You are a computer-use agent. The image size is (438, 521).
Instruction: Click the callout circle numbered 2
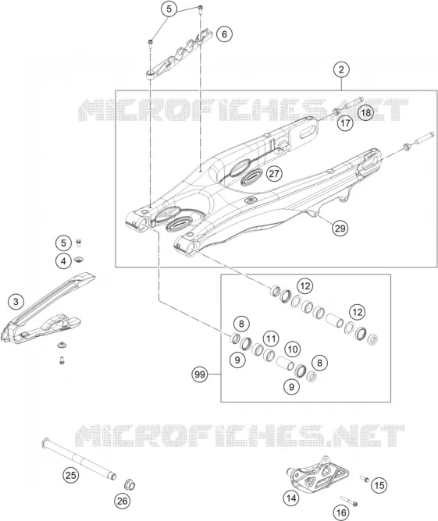[341, 69]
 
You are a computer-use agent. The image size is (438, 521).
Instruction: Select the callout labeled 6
[225, 34]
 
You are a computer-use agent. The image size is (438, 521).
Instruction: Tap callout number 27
[274, 174]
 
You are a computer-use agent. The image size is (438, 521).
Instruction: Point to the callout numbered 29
[340, 229]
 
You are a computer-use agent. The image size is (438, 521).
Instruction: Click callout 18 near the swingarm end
[365, 112]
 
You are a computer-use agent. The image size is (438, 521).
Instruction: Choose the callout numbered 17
[346, 123]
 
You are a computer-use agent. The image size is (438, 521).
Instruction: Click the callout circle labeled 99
[200, 375]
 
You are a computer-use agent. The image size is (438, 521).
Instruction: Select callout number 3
[16, 302]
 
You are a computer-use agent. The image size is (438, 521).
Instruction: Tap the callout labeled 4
[63, 261]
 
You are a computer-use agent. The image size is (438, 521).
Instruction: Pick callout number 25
[71, 475]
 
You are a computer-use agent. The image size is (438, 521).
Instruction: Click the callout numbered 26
[123, 501]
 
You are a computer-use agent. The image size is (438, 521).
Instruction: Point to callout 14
[291, 498]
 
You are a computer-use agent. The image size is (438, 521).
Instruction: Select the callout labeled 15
[379, 485]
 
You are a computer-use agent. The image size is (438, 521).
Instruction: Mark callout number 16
[341, 512]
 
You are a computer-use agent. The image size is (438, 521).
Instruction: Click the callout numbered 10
[293, 349]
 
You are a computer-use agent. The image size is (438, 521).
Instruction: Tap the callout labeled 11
[271, 339]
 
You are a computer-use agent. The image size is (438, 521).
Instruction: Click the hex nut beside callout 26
[130, 485]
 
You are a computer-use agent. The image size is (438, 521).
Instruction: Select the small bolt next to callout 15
[365, 479]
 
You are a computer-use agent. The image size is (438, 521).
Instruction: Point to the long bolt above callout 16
[349, 501]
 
